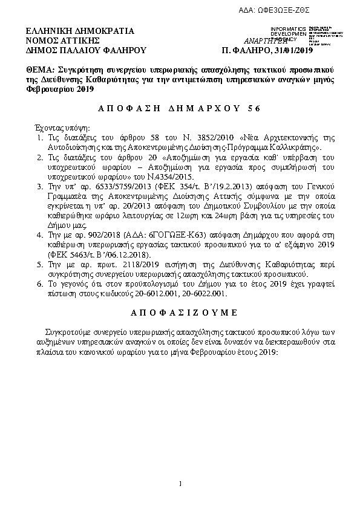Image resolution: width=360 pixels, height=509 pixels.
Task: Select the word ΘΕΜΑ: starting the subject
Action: tap(41, 70)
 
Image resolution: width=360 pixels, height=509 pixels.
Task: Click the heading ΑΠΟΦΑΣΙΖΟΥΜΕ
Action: tap(180, 313)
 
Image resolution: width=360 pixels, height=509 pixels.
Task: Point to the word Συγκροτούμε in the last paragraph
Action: tap(67, 332)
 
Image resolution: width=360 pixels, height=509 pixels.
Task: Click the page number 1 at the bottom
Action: tap(180, 482)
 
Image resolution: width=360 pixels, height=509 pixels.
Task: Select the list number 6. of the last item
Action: tap(39, 284)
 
